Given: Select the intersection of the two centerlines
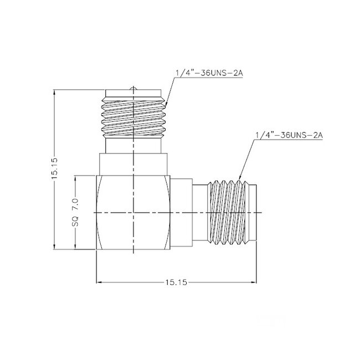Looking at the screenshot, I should click(x=135, y=213).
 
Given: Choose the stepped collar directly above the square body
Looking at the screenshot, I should click(x=135, y=164).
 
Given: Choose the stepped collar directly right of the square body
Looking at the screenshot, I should click(x=181, y=213).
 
